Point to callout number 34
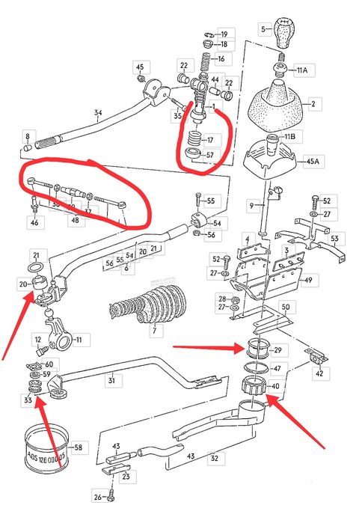coord(98,114)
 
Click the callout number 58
coord(78,447)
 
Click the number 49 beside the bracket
coord(328,281)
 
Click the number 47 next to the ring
coord(275,369)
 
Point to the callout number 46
coord(33,223)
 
